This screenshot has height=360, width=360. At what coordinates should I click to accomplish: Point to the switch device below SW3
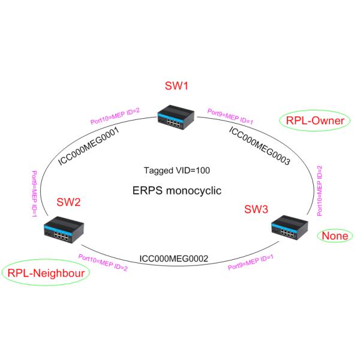click(287, 227)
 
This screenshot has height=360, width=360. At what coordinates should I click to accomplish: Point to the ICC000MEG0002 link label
click(173, 259)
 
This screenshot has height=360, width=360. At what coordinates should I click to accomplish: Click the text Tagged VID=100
click(177, 170)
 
